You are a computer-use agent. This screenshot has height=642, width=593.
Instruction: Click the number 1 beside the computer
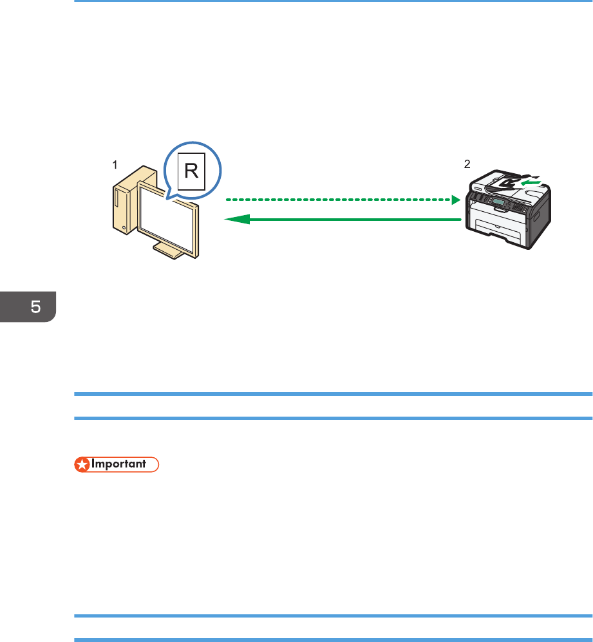pos(115,165)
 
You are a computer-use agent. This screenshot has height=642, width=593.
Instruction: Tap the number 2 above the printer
pos(467,164)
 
